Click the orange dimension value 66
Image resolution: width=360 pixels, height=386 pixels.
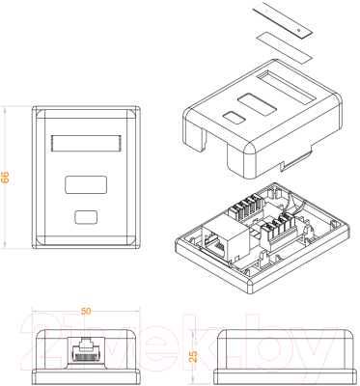(6, 177)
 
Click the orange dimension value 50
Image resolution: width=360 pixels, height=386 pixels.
(85, 311)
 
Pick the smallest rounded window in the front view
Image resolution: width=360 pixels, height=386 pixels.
(86, 216)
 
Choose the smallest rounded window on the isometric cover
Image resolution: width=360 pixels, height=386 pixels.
(233, 120)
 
